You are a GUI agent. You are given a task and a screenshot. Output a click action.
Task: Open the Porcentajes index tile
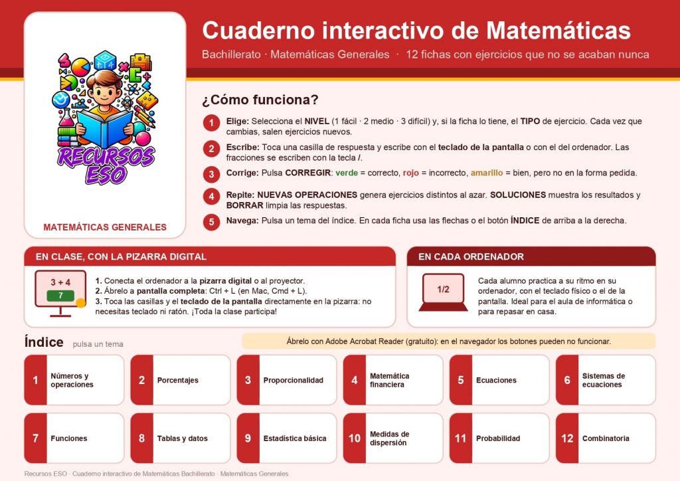181,380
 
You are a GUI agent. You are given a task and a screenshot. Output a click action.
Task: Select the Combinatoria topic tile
606,438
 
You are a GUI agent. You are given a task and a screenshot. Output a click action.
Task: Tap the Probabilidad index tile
499,438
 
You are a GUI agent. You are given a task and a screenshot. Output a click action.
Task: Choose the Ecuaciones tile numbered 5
499,380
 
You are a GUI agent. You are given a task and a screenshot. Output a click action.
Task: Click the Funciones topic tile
74,438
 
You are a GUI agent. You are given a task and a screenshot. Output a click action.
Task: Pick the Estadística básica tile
287,438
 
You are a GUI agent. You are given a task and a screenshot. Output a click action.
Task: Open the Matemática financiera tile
393,380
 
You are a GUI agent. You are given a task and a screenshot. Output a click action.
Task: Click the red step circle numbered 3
211,174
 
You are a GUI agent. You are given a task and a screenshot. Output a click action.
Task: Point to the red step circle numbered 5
211,222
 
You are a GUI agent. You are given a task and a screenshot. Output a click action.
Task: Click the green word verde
347,173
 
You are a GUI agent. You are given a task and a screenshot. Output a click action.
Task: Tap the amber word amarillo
487,173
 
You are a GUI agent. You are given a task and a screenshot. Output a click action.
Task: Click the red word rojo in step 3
410,173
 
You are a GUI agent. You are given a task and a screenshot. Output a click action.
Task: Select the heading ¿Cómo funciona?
260,100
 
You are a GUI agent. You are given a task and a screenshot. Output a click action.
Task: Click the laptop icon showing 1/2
443,292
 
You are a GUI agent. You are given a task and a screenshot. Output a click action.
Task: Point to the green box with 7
60,296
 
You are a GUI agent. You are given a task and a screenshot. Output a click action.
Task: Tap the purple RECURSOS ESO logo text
106,165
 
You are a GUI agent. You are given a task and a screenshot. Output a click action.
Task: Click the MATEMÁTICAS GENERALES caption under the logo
105,227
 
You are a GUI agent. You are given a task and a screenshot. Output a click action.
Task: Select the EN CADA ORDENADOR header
471,256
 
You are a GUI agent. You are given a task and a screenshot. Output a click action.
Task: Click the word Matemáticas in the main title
558,31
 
